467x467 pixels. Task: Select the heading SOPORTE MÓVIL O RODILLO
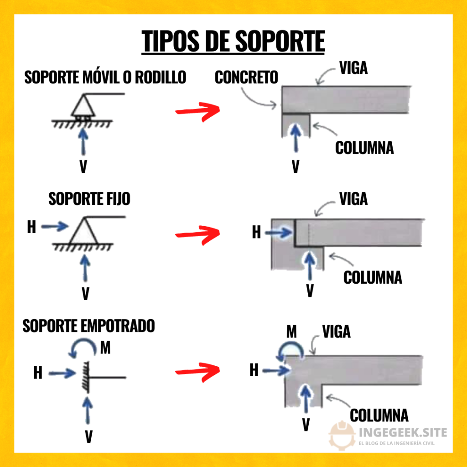pos(105,77)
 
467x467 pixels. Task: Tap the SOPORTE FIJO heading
pos(89,199)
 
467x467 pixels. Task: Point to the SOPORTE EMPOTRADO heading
pos(89,326)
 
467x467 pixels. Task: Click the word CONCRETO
pos(246,77)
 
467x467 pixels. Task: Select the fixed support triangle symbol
pos(82,231)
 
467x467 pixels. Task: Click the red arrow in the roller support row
pos(197,111)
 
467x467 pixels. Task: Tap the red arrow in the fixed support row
pos(197,234)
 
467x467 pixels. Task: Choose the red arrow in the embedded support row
pos(197,371)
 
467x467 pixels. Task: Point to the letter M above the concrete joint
pos(292,332)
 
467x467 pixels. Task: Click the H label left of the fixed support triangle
pos(31,227)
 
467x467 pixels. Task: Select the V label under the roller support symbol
pos(83,167)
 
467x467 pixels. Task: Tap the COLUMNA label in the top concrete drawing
pos(364,148)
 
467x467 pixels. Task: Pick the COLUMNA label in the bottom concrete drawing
pos(379,415)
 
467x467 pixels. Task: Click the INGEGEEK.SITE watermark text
pos(403,432)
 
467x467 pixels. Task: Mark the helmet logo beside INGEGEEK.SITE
pos(342,435)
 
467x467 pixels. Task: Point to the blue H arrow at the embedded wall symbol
pos(62,374)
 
